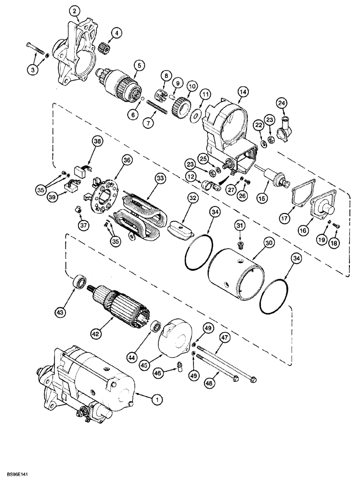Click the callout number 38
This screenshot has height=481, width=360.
98,141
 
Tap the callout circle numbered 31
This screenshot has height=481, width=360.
241,225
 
